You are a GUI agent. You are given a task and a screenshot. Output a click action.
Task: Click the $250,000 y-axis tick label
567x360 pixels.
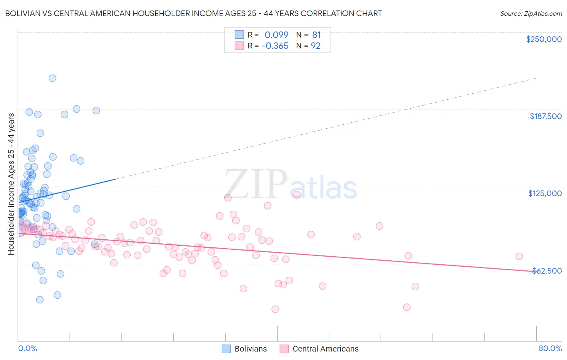coord(544,39)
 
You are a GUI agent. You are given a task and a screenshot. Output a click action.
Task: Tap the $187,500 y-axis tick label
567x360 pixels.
coord(545,116)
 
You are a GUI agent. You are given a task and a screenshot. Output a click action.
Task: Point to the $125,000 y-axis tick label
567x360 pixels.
coord(545,193)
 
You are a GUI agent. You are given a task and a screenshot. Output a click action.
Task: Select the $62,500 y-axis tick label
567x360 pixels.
coord(547,271)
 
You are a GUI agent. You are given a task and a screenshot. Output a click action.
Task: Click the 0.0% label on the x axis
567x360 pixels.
coord(27,348)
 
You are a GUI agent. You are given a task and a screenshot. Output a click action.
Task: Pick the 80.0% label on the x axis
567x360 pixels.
coord(550,348)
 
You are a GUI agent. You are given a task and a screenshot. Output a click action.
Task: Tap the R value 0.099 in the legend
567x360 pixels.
coord(276,35)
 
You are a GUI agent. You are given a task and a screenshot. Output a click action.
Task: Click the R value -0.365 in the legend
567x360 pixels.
coord(275,46)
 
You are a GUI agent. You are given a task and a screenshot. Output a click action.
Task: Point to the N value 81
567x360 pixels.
coord(316,35)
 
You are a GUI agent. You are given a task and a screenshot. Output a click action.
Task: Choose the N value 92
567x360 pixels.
coord(315,46)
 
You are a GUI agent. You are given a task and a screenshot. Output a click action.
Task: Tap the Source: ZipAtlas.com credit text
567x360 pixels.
coord(531,13)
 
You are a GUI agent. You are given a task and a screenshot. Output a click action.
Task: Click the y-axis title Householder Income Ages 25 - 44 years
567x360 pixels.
coord(11,184)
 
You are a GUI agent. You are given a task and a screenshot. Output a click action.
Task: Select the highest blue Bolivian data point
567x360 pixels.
coord(52,78)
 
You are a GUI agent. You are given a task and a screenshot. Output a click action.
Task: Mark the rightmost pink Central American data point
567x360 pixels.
coord(519,256)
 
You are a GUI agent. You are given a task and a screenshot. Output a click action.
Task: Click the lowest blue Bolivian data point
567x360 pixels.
coord(40,299)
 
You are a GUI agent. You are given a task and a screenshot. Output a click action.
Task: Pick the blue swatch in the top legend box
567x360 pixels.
coord(239,35)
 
